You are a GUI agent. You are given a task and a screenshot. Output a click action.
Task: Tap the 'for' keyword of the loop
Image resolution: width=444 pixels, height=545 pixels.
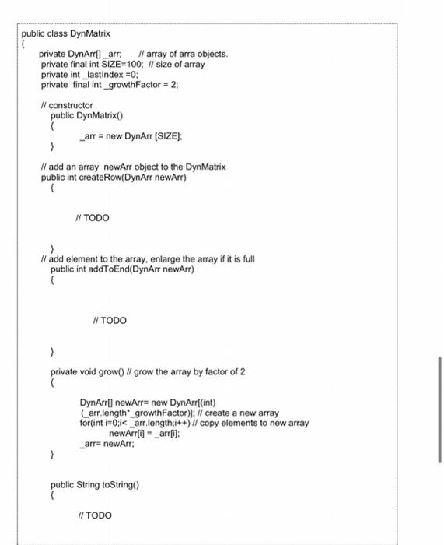[x=86, y=423]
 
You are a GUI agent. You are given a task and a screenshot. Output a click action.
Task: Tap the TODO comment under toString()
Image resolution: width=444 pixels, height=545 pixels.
[x=96, y=515]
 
